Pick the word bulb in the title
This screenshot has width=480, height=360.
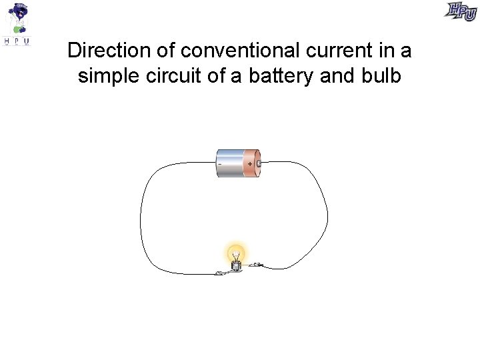[x=381, y=76]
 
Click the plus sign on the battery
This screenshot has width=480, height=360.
[x=250, y=163]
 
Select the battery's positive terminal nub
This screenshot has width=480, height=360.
[x=259, y=163]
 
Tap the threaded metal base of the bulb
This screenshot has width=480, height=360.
[x=235, y=265]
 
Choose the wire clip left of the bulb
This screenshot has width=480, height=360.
[x=219, y=272]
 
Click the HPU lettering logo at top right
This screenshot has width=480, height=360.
[x=461, y=11]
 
